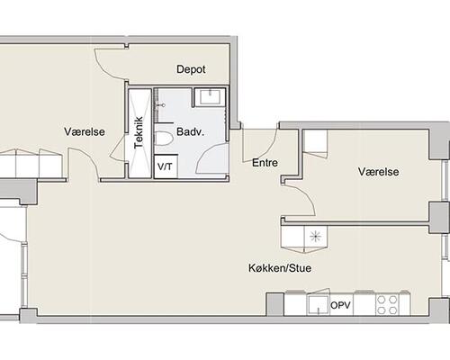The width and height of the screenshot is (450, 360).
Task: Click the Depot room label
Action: [191, 69]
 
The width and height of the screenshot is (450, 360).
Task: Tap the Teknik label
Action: [139, 132]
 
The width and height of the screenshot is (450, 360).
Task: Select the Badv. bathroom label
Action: [190, 131]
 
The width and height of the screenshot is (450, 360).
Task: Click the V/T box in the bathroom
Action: [166, 166]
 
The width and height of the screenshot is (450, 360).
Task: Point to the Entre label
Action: [265, 163]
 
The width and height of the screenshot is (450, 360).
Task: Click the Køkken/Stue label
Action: [280, 268]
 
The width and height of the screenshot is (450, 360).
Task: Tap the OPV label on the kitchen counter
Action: [340, 305]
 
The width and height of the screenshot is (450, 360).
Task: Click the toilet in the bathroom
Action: [164, 139]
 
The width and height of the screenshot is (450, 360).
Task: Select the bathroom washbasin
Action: [210, 96]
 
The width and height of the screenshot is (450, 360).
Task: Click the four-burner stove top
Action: [387, 304]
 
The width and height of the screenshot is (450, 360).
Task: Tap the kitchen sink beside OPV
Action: [318, 304]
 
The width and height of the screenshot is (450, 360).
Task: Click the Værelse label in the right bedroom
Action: [379, 172]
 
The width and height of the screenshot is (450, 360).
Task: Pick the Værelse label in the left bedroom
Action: [85, 131]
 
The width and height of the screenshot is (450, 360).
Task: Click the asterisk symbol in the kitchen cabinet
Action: [316, 237]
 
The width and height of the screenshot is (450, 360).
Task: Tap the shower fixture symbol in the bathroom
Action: [161, 105]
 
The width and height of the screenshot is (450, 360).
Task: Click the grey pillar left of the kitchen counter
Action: [275, 304]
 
